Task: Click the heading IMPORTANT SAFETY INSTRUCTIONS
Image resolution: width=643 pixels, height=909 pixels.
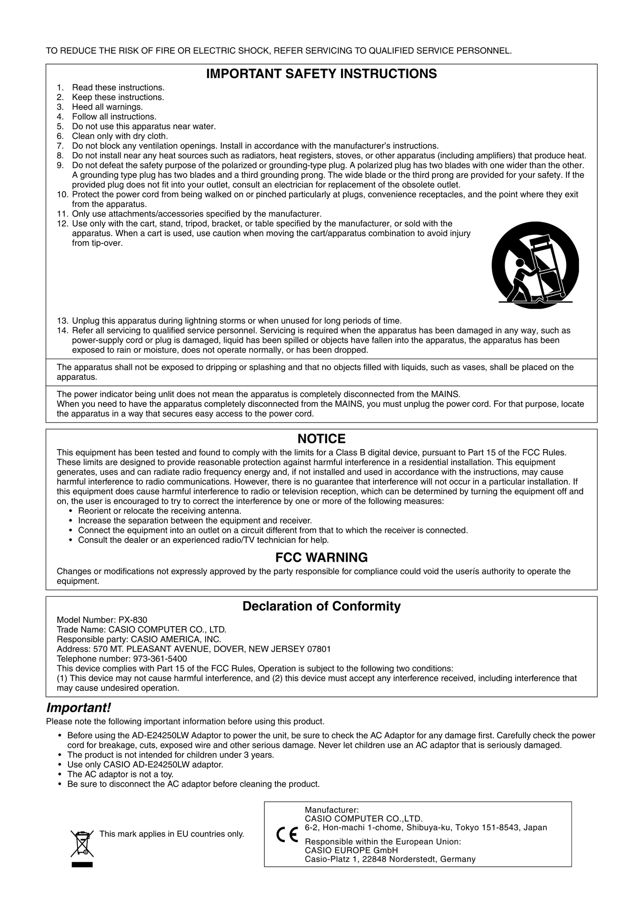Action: coord(321,74)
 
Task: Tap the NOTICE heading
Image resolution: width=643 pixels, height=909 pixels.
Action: coord(321,439)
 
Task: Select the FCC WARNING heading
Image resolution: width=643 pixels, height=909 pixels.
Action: coord(321,557)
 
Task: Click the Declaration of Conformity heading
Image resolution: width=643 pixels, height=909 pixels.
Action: coord(321,606)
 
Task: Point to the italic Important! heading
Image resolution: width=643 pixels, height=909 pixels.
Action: coord(78,708)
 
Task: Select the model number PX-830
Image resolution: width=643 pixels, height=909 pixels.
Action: coord(133,620)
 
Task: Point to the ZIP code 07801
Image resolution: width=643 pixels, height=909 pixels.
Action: coord(319,649)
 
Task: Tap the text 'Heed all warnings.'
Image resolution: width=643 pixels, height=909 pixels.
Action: coord(107,107)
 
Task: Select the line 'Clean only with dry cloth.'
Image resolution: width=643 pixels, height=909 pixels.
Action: coord(120,136)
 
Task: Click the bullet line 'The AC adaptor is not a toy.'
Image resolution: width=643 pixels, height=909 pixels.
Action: coord(120,774)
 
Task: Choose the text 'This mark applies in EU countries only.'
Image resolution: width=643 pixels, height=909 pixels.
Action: coord(172,834)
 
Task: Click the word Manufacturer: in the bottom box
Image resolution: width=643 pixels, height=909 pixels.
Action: coord(332,810)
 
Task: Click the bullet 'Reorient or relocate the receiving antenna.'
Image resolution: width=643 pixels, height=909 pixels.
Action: coord(160,511)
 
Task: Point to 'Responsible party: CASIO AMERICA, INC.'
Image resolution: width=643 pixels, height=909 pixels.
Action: coord(139,639)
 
